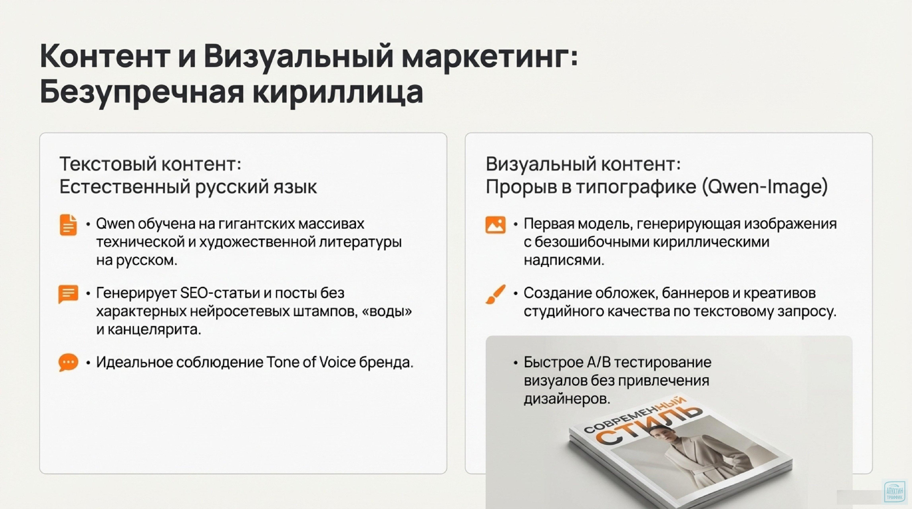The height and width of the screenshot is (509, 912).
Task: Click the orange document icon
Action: click(x=68, y=225)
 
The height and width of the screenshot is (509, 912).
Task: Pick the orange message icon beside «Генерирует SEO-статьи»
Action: click(x=68, y=294)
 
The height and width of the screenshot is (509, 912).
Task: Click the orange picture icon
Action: click(x=495, y=225)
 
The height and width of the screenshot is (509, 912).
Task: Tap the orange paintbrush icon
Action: click(x=495, y=294)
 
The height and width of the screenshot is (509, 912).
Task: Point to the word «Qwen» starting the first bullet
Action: click(x=115, y=224)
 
